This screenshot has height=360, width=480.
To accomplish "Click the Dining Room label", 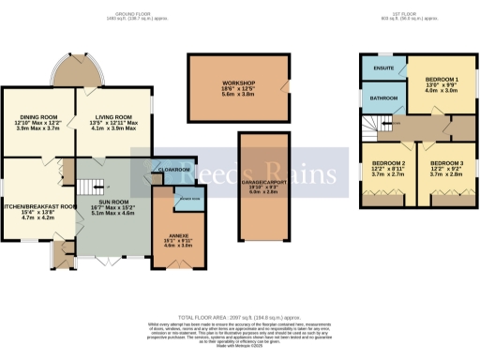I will (x=37, y=97).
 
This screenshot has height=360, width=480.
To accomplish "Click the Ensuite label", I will (x=382, y=67).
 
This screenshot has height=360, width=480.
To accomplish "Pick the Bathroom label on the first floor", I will (x=383, y=97).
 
